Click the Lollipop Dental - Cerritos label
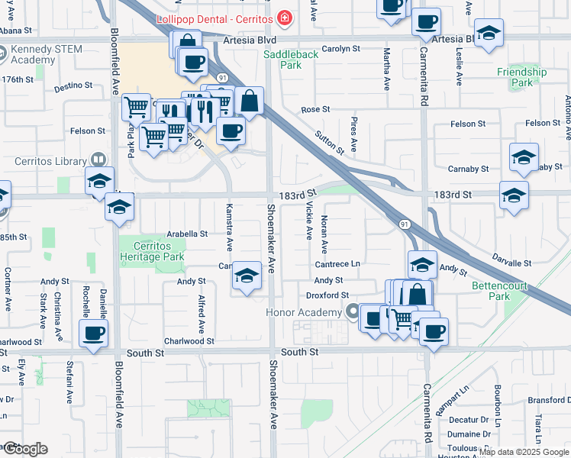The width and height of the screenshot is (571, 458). [x=215, y=18]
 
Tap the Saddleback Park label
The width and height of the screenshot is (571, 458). [x=282, y=60]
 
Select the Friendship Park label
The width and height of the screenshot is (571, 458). [x=522, y=77]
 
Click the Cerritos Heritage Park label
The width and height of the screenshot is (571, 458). [x=152, y=251]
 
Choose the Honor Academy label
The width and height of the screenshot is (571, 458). [x=303, y=312]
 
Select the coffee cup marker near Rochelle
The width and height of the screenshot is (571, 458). [x=94, y=334]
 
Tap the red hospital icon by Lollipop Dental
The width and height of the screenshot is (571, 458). [x=285, y=17]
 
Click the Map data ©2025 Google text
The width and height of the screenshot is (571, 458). [x=524, y=452]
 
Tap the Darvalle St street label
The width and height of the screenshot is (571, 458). [x=511, y=262]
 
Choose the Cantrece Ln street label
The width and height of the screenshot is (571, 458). [x=337, y=263]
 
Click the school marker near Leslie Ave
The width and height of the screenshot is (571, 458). [x=489, y=34]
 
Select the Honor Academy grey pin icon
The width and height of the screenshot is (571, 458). [x=352, y=311]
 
